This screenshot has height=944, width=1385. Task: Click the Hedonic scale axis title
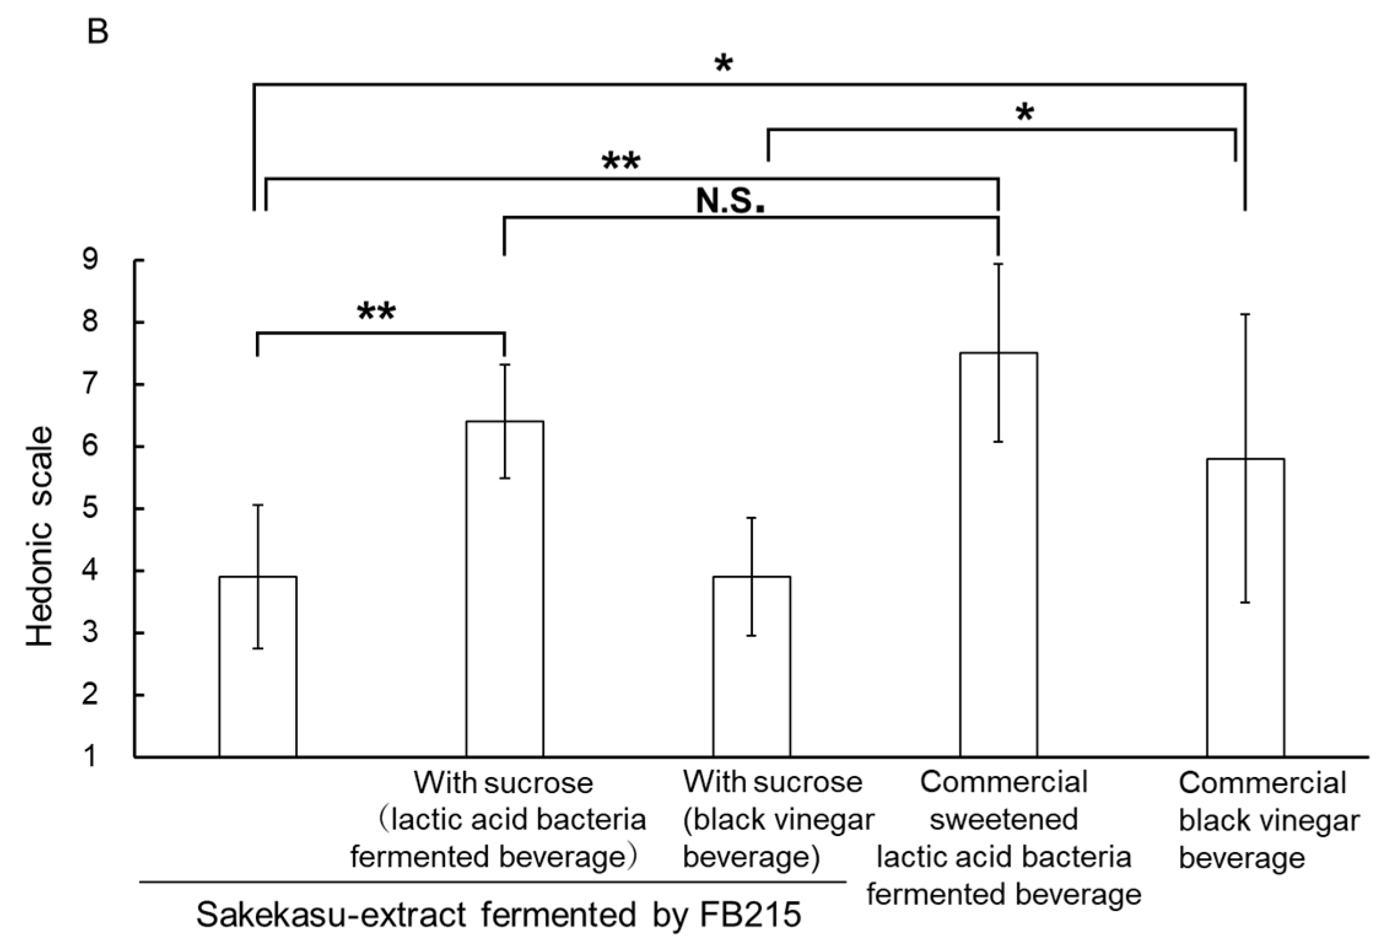(41, 536)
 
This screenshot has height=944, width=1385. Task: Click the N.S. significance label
(730, 201)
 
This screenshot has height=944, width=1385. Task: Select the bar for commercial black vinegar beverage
(1245, 608)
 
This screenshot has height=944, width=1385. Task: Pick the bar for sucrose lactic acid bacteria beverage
(504, 589)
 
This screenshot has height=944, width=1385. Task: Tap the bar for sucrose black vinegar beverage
(751, 666)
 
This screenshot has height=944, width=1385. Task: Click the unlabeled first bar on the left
(258, 666)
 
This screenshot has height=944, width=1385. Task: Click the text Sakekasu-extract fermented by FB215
(498, 915)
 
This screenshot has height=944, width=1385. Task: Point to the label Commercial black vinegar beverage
(1268, 820)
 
